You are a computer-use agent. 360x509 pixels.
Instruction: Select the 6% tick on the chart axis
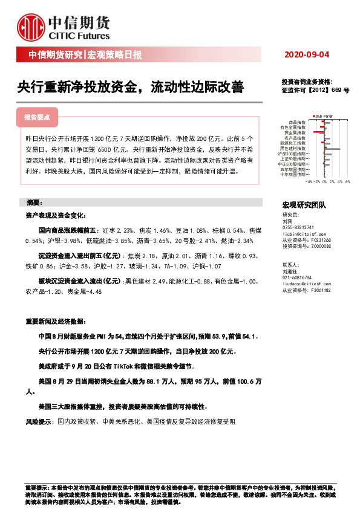click(x=348, y=180)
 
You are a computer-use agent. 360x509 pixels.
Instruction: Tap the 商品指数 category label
click(x=297, y=122)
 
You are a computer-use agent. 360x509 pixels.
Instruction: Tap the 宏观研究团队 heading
click(x=304, y=205)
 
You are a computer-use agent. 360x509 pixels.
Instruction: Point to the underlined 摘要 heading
click(x=34, y=202)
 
